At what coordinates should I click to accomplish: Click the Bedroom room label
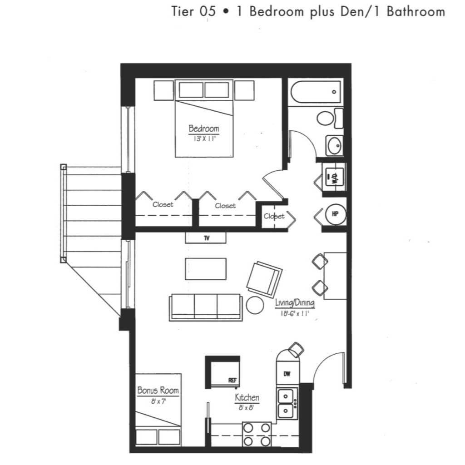(x=204, y=129)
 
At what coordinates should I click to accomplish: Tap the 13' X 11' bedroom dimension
(x=204, y=139)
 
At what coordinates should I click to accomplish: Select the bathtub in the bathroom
(x=316, y=92)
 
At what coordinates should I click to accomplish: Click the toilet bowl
(x=325, y=119)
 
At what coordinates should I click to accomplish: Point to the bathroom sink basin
(x=335, y=146)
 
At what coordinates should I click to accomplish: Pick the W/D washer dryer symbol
(x=334, y=177)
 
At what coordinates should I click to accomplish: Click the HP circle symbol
(x=336, y=214)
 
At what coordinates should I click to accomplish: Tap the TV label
(x=207, y=238)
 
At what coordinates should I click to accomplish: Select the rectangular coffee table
(x=206, y=269)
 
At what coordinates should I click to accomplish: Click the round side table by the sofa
(x=255, y=305)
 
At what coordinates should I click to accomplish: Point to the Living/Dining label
(x=295, y=303)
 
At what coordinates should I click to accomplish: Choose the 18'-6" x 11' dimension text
(x=295, y=313)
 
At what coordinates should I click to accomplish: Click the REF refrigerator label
(x=232, y=380)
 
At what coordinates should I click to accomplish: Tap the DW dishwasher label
(x=287, y=374)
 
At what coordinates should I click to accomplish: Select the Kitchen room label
(x=247, y=397)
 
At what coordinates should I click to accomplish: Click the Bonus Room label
(x=158, y=390)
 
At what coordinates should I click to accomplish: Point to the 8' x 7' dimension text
(x=158, y=401)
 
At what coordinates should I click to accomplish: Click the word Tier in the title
(x=183, y=11)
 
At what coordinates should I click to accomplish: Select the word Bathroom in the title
(x=416, y=11)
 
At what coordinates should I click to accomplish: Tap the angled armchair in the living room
(x=264, y=279)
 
